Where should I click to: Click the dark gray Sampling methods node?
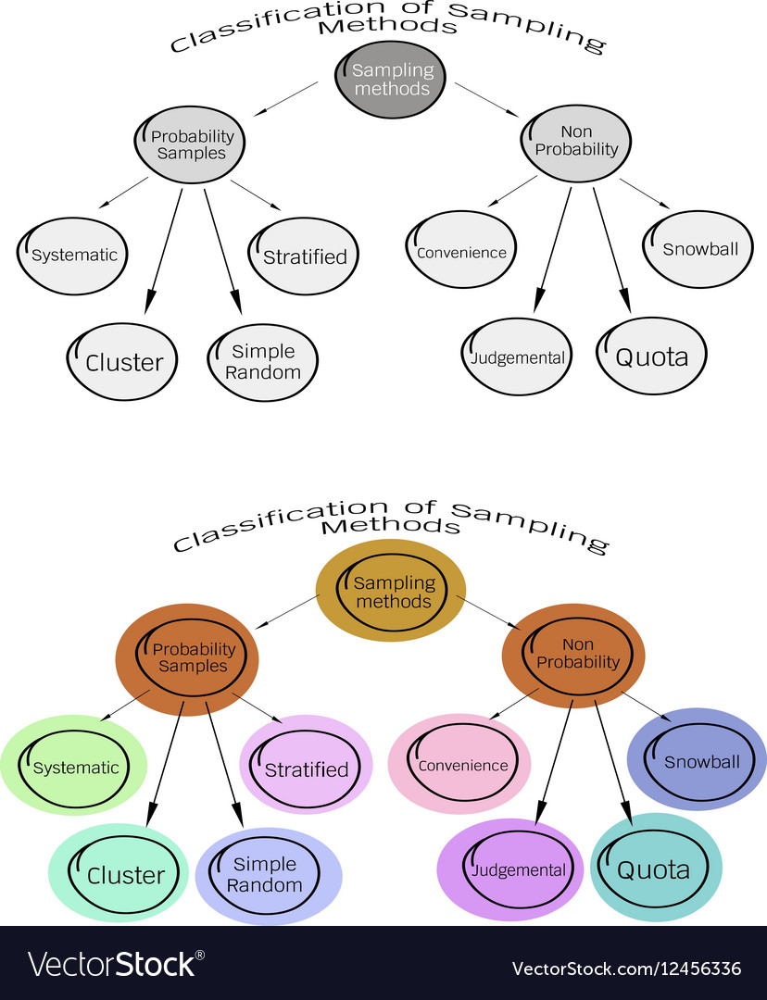[x=391, y=81]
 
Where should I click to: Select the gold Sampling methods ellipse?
[x=391, y=593]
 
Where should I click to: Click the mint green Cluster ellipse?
[x=119, y=872]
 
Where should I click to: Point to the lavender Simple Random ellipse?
[x=269, y=874]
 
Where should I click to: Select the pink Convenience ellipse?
[x=459, y=764]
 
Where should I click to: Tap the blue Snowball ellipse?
[x=698, y=760]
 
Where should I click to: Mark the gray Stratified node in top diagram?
[x=304, y=256]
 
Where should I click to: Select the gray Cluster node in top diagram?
[x=122, y=362]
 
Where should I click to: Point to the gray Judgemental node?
[x=517, y=357]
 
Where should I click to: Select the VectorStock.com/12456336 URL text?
[x=626, y=969]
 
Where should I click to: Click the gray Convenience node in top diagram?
[x=460, y=251]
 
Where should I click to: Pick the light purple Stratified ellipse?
[x=306, y=766]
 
